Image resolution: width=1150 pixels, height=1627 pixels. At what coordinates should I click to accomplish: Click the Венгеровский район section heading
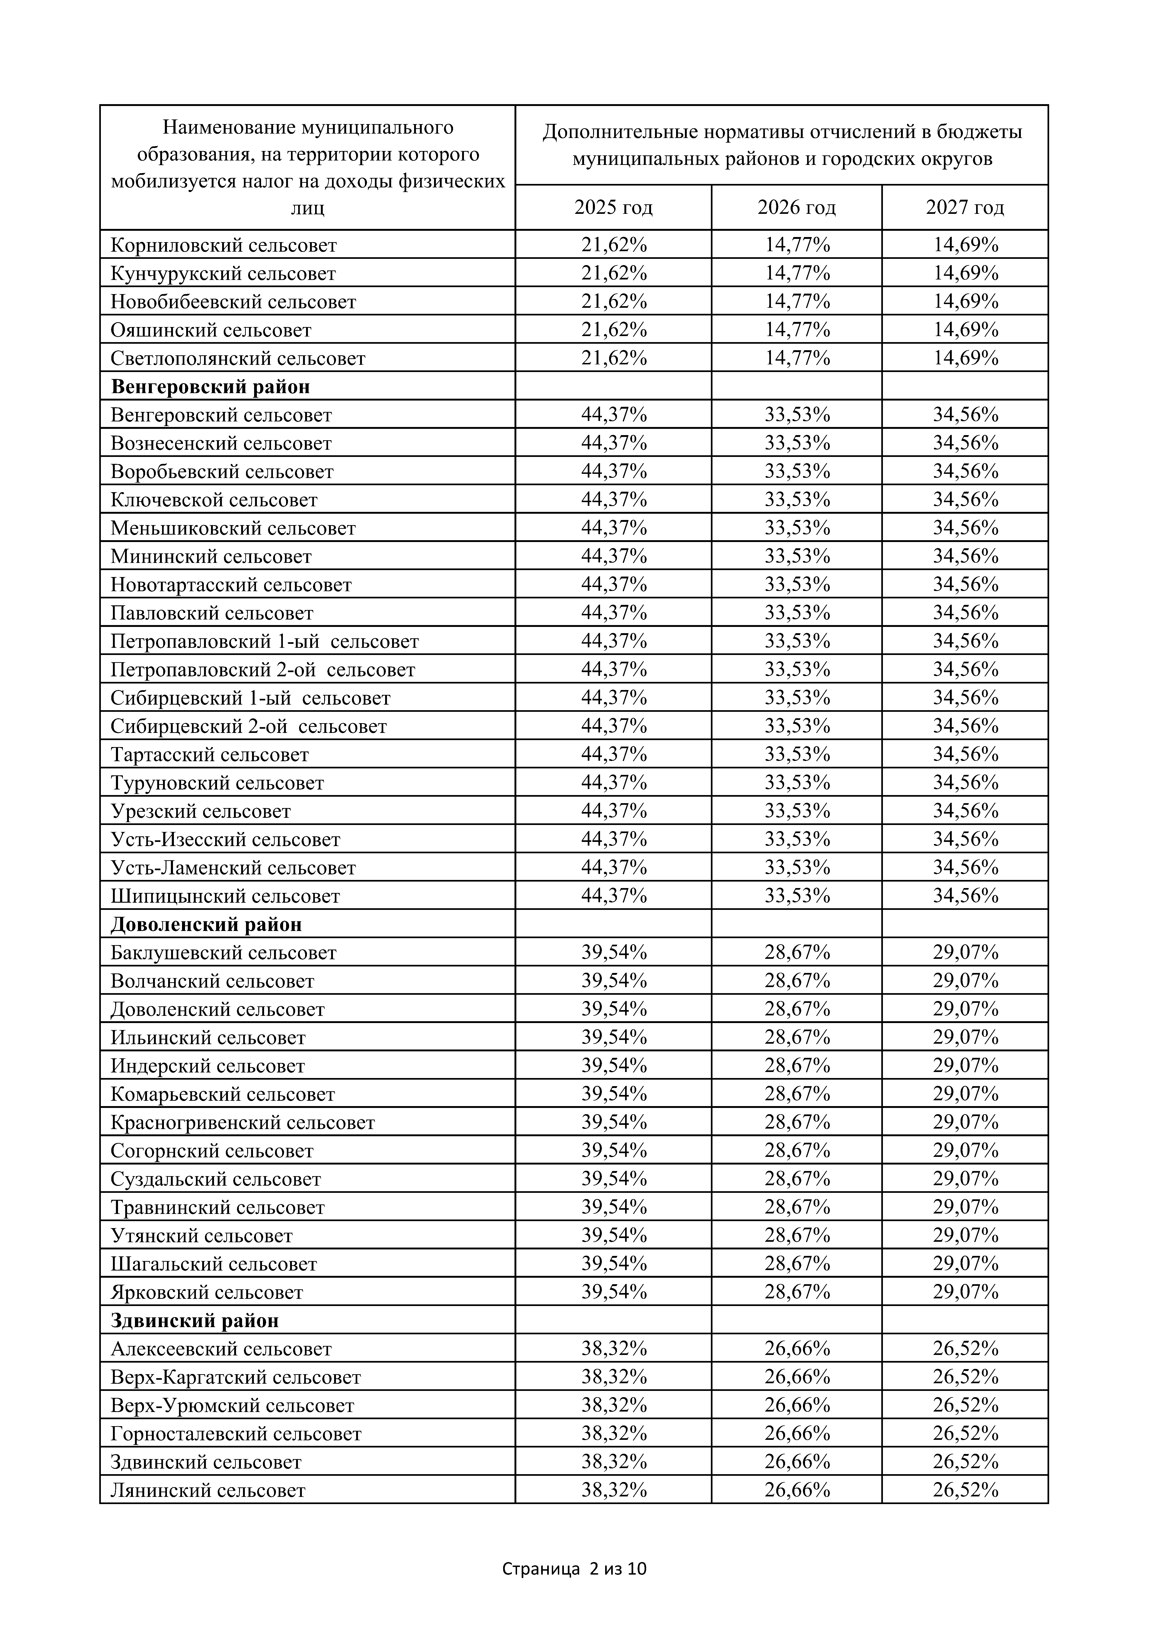tap(211, 387)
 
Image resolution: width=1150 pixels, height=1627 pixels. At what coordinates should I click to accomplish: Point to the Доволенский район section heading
tap(206, 925)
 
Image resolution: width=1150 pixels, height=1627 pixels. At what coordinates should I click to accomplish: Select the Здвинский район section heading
tap(195, 1321)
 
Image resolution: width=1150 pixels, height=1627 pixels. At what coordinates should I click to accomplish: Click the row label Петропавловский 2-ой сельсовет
tap(263, 670)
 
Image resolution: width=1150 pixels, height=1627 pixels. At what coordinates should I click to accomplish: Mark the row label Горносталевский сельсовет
tap(236, 1434)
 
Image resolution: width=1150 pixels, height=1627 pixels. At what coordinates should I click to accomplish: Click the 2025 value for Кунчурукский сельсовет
tap(614, 273)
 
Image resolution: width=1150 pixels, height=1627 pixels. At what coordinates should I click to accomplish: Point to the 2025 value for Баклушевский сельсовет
tap(614, 952)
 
